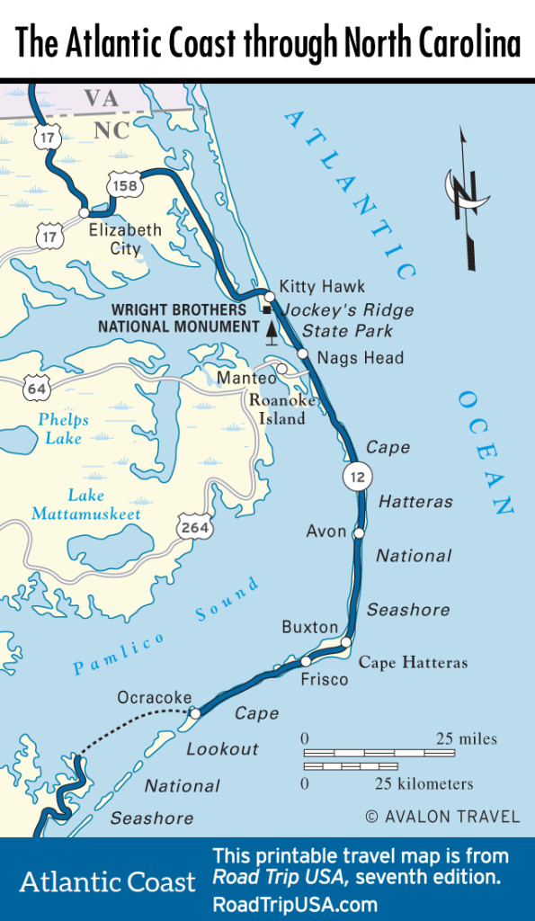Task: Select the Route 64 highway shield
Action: (x=38, y=389)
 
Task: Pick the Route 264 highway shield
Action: (x=194, y=528)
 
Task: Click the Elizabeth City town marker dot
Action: (x=85, y=214)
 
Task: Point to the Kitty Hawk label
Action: (x=322, y=287)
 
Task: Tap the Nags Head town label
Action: (x=361, y=358)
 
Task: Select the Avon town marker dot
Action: (x=358, y=533)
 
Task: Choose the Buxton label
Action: (x=310, y=627)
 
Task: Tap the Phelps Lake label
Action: (x=63, y=429)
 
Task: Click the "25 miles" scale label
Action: (x=466, y=738)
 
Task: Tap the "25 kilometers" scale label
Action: (x=424, y=783)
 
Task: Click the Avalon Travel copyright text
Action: (x=441, y=817)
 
